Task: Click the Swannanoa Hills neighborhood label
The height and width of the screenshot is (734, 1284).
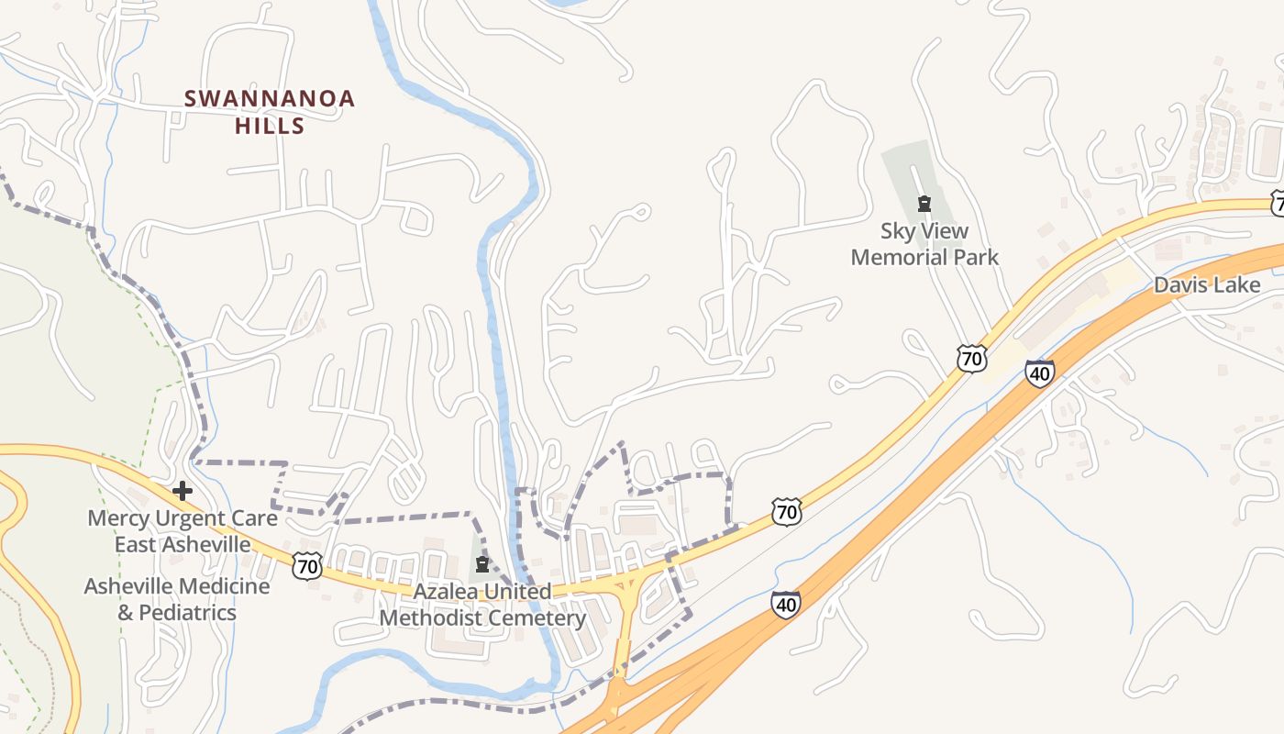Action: pyautogui.click(x=269, y=111)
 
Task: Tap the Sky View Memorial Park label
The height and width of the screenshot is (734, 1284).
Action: pyautogui.click(x=924, y=243)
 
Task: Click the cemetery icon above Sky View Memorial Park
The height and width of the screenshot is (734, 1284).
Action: pyautogui.click(x=924, y=203)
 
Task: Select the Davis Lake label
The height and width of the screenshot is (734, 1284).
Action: pyautogui.click(x=1206, y=284)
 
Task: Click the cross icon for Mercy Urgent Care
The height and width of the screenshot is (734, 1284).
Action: pyautogui.click(x=183, y=491)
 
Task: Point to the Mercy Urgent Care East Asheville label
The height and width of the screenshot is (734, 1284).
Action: pyautogui.click(x=182, y=531)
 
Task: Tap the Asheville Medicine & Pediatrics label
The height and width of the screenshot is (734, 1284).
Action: pyautogui.click(x=177, y=599)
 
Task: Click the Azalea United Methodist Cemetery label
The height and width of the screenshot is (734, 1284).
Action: pyautogui.click(x=482, y=605)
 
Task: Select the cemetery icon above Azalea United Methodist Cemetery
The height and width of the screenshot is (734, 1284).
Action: pyautogui.click(x=482, y=564)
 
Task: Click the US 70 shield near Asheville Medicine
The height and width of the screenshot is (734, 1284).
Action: pyautogui.click(x=307, y=566)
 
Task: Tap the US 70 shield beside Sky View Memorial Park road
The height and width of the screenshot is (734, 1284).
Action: pyautogui.click(x=971, y=358)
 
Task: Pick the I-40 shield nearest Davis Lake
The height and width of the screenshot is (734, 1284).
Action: pyautogui.click(x=1039, y=373)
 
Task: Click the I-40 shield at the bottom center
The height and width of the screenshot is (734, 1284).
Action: pyautogui.click(x=785, y=604)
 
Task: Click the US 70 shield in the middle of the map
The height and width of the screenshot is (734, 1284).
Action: pyautogui.click(x=786, y=511)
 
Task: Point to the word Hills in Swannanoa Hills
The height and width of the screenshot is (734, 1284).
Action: pyautogui.click(x=269, y=126)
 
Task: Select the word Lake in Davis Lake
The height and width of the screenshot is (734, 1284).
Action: pyautogui.click(x=1238, y=284)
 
